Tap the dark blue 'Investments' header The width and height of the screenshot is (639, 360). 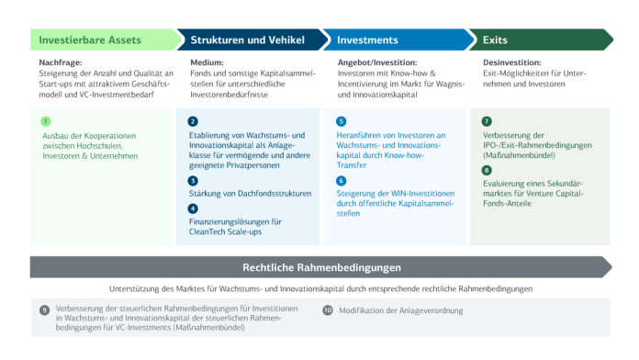tap(367, 40)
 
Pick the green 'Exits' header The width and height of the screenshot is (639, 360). tap(488, 40)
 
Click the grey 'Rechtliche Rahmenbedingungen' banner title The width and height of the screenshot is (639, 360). tap(321, 268)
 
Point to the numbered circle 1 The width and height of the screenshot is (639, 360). tap(45, 121)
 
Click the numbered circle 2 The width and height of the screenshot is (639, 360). tap(193, 121)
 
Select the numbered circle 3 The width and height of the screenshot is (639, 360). tap(193, 181)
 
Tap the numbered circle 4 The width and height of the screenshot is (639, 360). tap(193, 208)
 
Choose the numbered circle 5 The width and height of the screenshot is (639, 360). tap(341, 121)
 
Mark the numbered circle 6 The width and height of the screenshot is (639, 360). tap(341, 181)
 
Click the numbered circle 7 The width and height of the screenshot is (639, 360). tap(487, 121)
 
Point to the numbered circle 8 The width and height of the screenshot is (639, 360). tap(487, 170)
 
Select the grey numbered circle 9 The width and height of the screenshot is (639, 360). tap(44, 310)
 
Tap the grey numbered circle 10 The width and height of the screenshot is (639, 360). tap(328, 310)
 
